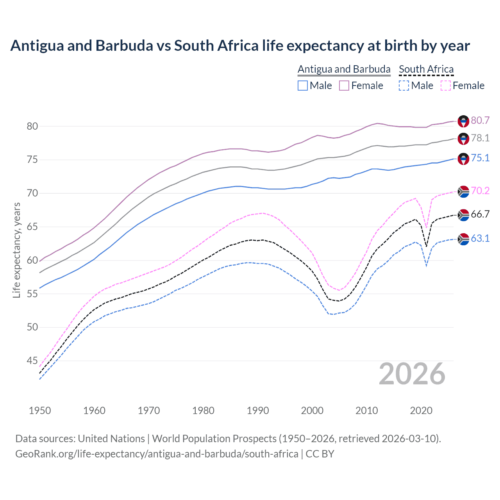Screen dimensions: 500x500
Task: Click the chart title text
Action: click(240, 46)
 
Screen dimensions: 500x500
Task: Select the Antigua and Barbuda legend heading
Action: click(344, 69)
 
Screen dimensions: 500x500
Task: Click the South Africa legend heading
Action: click(426, 69)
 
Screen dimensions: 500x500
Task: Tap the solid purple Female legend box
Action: click(344, 86)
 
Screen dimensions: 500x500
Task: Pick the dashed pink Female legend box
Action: click(445, 86)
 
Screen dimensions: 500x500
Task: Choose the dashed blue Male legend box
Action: click(404, 86)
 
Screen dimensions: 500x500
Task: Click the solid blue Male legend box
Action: click(303, 86)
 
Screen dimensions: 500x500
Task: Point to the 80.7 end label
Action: click(480, 120)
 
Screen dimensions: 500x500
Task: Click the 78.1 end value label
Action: click(480, 138)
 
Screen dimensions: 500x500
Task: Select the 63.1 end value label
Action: click(480, 238)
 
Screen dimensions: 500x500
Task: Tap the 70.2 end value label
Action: click(480, 191)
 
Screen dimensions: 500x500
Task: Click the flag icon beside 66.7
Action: click(463, 215)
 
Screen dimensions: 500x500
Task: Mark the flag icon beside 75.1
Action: click(463, 159)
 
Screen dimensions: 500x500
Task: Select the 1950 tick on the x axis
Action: click(40, 411)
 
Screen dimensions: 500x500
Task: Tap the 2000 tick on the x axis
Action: click(312, 411)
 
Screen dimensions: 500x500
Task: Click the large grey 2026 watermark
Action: click(412, 374)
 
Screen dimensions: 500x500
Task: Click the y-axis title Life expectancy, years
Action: click(17, 250)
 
